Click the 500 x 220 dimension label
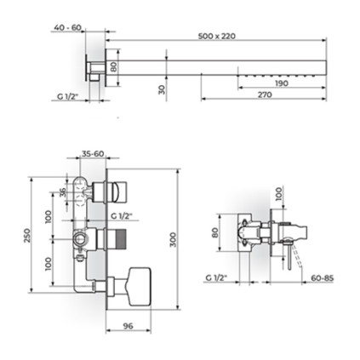217,36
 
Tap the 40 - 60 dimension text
67,27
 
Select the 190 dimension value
282,83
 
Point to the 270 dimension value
265,94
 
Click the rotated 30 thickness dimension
162,89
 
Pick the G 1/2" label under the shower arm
67,96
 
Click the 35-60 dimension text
93,154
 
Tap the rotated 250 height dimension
26,236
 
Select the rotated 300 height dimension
173,240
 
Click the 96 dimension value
129,326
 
